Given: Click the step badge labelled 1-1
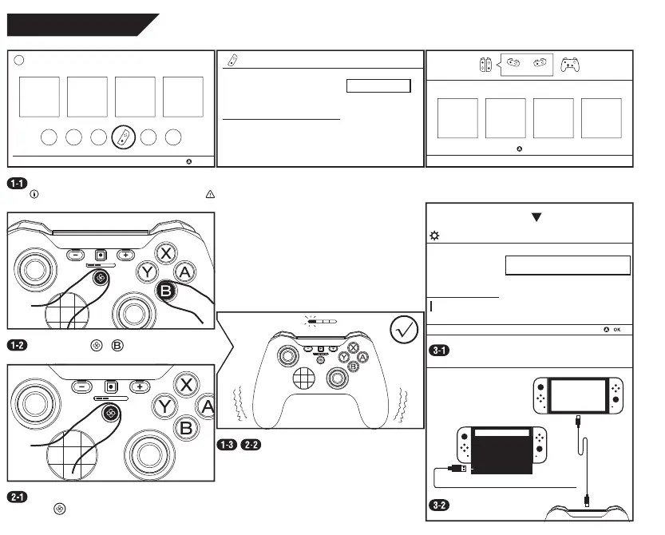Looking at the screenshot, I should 17,183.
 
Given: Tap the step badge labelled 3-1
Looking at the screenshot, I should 438,351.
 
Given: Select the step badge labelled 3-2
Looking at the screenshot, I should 438,505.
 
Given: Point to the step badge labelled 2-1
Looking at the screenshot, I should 17,497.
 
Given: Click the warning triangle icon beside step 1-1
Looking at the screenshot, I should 210,194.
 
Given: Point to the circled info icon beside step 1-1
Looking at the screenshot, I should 33,194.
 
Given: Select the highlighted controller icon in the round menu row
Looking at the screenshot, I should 123,137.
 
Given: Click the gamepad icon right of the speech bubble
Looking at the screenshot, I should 570,64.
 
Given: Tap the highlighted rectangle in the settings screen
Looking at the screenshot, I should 568,265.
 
